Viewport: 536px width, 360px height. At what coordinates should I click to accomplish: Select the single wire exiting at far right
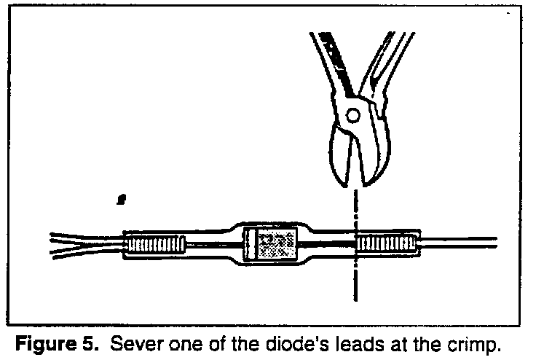tap(459, 242)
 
